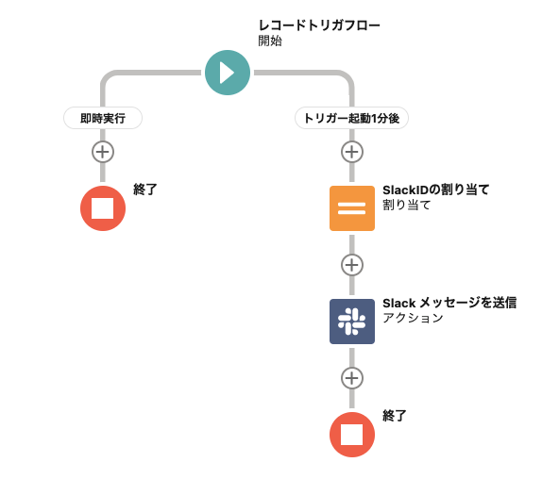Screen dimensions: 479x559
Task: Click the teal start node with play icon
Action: [227, 72]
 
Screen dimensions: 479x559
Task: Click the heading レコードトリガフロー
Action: [319, 25]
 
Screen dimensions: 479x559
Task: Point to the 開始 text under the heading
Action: [270, 41]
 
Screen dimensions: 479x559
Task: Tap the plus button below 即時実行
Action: [102, 151]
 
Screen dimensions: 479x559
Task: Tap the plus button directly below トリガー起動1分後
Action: [351, 151]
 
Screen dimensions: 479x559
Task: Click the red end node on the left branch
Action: [102, 207]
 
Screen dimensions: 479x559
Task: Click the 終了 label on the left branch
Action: [145, 190]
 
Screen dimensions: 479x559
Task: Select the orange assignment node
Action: [351, 207]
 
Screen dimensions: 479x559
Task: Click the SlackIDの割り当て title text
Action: [435, 190]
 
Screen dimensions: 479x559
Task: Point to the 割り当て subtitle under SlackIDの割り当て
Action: [406, 205]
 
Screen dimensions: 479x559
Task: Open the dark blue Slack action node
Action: [351, 321]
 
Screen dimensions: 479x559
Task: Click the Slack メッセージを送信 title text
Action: [449, 303]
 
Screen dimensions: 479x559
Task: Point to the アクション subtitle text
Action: [413, 318]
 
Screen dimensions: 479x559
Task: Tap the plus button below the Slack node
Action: [351, 377]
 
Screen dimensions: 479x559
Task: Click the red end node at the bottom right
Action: [351, 434]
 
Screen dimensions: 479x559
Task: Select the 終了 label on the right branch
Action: [395, 415]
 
